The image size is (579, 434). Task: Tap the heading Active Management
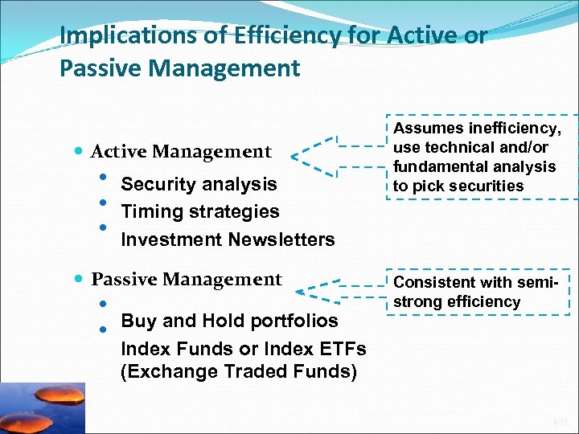(181, 151)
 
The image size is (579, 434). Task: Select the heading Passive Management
(187, 280)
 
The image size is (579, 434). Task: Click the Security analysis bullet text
(199, 184)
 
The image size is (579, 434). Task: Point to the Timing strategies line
(199, 212)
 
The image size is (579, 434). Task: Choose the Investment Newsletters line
(228, 240)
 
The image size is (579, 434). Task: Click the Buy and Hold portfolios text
(229, 321)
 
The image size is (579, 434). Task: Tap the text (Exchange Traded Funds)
(238, 372)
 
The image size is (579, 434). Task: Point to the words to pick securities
(458, 186)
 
